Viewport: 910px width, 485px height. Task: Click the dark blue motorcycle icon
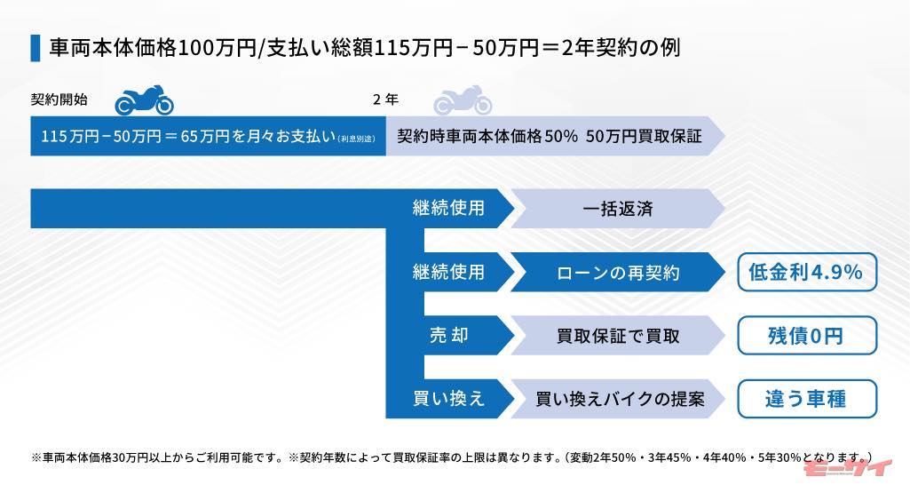144,100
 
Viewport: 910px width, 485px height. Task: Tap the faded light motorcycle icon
463,100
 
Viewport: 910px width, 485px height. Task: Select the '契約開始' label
59,99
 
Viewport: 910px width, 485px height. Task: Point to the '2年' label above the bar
386,99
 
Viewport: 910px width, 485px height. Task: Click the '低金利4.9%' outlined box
807,272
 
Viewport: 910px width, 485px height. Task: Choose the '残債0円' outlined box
807,335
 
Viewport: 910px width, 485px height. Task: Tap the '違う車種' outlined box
807,399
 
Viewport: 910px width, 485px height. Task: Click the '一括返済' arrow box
618,209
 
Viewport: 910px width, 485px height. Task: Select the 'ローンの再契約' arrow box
618,272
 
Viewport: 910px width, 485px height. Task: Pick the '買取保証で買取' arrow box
618,335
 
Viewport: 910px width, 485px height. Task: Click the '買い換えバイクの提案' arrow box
618,399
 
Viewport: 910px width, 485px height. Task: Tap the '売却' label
448,335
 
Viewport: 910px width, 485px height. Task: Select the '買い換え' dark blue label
448,399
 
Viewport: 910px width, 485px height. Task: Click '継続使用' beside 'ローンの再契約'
448,272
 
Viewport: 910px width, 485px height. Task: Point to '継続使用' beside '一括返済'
448,208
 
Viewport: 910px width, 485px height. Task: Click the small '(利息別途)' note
356,139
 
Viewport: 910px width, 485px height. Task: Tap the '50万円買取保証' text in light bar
645,136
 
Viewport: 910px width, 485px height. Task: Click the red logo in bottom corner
848,468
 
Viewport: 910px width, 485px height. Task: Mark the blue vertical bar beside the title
36,48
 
